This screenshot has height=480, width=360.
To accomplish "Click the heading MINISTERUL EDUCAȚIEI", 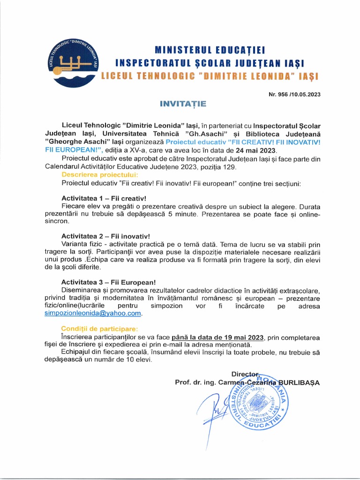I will tap(210, 50).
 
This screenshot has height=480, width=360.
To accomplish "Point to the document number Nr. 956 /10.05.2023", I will tap(293, 94).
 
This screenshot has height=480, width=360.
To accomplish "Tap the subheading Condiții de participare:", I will tap(100, 329).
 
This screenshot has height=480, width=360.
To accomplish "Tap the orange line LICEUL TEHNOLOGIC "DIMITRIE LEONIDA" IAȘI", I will tap(210, 76).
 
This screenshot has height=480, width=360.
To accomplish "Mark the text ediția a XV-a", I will tap(142, 150).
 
